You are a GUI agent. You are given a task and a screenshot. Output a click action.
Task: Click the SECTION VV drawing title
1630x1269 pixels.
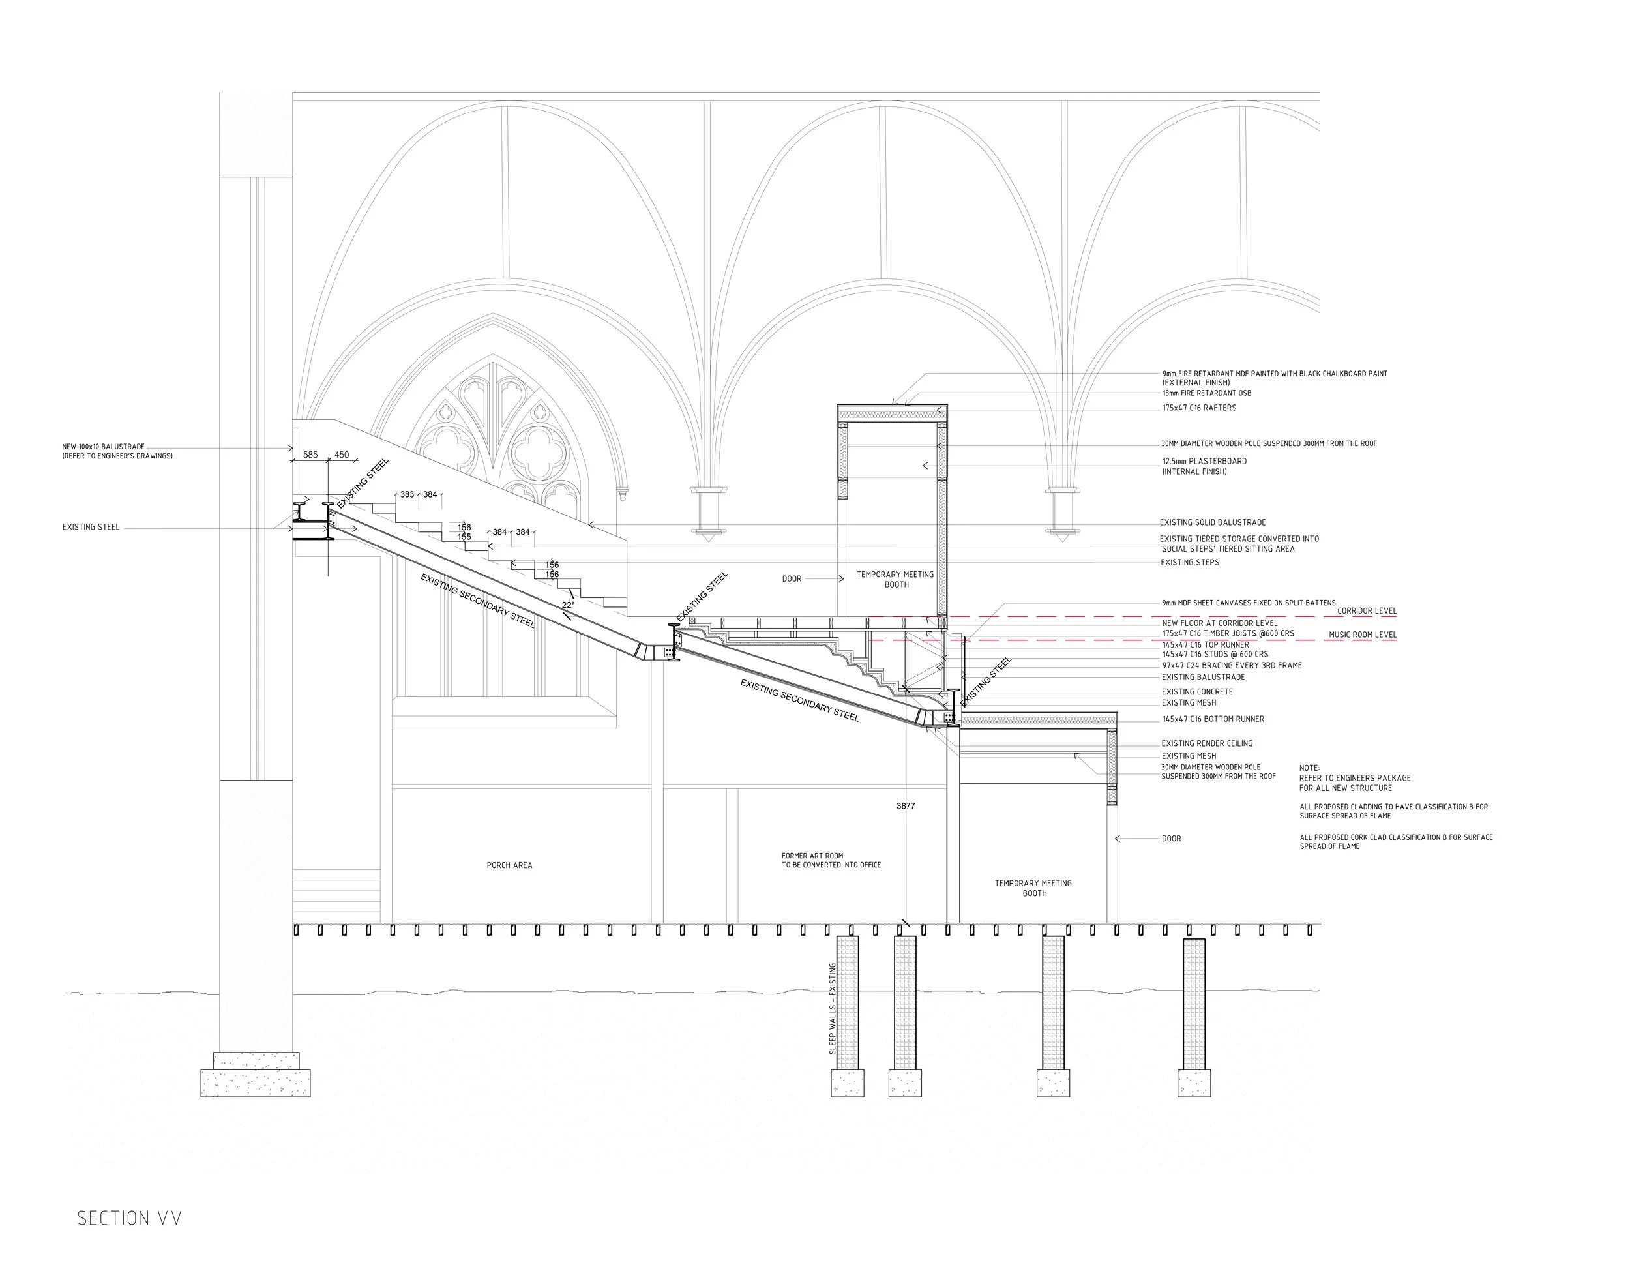(x=129, y=1217)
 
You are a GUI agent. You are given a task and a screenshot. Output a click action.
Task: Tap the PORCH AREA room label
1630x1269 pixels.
(x=509, y=865)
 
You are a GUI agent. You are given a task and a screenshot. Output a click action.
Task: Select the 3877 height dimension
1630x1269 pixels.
(x=906, y=806)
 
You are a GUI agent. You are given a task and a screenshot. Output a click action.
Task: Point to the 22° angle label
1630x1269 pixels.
(x=568, y=605)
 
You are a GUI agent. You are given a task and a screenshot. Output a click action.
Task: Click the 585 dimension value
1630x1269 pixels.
(x=310, y=455)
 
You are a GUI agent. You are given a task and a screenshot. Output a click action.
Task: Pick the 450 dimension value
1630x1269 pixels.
(x=341, y=455)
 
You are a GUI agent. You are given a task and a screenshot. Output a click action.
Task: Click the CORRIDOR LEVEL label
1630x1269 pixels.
(x=1367, y=610)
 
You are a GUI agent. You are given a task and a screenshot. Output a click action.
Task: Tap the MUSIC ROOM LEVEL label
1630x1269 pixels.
(x=1362, y=635)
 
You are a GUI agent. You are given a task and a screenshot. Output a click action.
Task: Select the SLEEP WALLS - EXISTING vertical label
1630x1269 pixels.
(x=833, y=1008)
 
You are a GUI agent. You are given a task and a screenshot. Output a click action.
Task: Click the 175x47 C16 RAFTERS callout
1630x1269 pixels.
(x=1198, y=408)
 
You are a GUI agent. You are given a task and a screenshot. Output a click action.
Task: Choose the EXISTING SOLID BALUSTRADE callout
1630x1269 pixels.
(x=1212, y=522)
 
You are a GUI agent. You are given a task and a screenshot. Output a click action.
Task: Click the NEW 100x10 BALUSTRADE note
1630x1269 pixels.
(x=117, y=451)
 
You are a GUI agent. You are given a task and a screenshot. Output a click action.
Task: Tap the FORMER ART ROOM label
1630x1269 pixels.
(x=831, y=860)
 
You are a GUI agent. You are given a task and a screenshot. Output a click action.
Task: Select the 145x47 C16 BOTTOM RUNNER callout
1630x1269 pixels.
(x=1213, y=719)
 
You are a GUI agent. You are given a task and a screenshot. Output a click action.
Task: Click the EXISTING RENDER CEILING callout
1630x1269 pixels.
(x=1207, y=743)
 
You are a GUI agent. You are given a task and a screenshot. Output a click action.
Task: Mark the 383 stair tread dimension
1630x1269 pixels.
(x=407, y=494)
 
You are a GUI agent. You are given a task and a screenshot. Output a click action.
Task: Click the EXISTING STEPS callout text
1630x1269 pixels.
(x=1190, y=563)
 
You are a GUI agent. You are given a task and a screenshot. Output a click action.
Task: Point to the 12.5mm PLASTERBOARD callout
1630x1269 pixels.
(x=1204, y=466)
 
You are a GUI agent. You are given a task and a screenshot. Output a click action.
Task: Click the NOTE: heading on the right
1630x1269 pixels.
(x=1309, y=768)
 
